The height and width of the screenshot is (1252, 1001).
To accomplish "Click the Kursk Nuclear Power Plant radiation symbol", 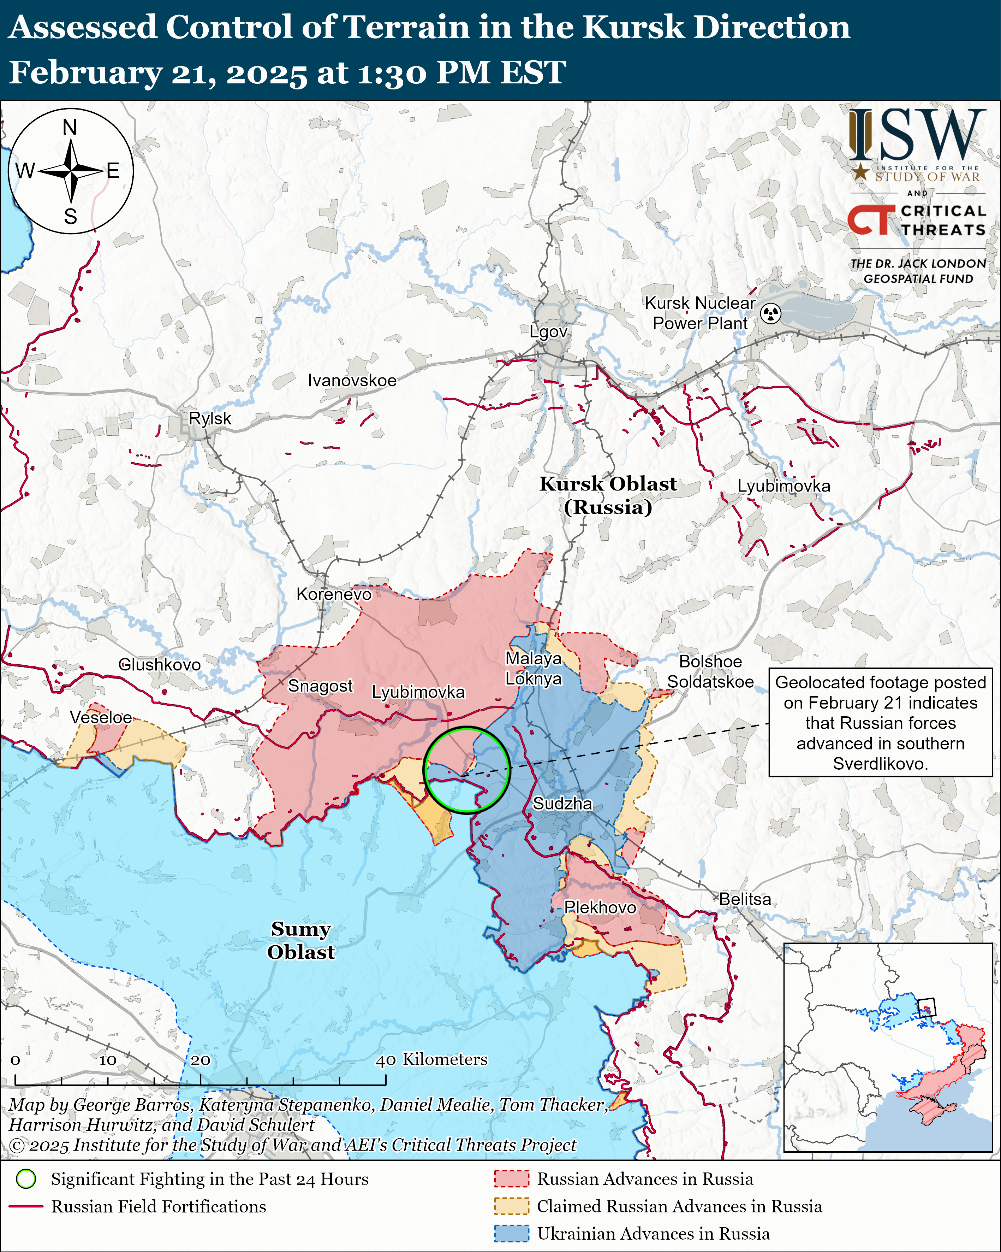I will click(x=771, y=313).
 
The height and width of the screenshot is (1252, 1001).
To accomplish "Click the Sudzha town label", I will click(x=562, y=804).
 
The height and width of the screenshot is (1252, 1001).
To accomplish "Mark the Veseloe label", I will click(x=101, y=717).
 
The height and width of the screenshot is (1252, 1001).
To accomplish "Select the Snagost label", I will click(x=320, y=686).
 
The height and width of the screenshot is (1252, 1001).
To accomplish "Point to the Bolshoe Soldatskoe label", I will click(x=710, y=671).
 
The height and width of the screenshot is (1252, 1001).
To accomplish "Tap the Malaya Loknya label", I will click(x=533, y=668).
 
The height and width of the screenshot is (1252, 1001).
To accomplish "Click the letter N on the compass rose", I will click(x=70, y=127).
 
